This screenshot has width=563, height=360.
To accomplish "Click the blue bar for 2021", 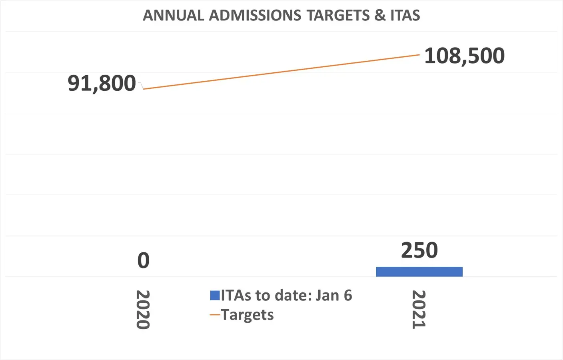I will [419, 272].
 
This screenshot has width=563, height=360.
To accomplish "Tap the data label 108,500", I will [464, 56].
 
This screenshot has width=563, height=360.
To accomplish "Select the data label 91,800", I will [102, 83].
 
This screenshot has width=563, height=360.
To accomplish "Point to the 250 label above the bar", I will [419, 250].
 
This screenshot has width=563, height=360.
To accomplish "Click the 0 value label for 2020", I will [144, 260].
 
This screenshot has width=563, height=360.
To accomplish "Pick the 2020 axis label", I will [143, 310].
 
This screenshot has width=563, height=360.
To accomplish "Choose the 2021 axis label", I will [419, 310].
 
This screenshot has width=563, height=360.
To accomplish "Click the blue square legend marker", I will [215, 296].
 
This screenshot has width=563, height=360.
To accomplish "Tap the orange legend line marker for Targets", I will [215, 315].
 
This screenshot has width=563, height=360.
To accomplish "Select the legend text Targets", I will [248, 315].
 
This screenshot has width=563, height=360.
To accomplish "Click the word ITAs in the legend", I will [236, 296].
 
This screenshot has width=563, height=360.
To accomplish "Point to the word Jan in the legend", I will [327, 296].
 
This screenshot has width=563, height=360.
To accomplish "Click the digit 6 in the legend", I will [348, 296].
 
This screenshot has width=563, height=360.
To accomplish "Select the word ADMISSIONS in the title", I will [255, 16].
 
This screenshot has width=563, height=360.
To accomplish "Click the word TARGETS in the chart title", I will [338, 16].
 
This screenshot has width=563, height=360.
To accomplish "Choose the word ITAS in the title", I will [405, 16].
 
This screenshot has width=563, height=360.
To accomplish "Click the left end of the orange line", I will [144, 89].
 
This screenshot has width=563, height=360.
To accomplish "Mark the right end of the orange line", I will [419, 55].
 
